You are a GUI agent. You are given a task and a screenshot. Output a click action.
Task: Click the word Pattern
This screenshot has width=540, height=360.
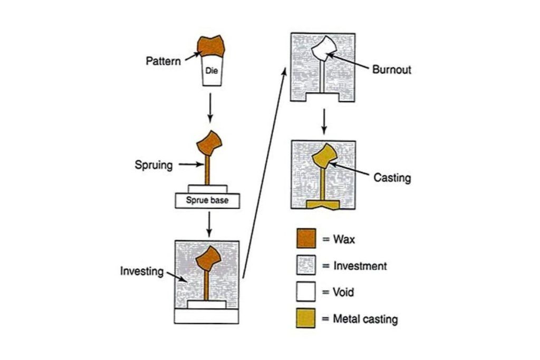pyautogui.click(x=163, y=61)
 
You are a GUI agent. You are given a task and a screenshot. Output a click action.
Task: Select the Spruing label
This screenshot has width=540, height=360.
pyautogui.click(x=153, y=165)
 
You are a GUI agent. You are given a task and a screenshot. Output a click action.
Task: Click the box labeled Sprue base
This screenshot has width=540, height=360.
pyautogui.click(x=207, y=200)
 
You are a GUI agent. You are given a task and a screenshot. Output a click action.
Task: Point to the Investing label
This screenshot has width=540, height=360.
pyautogui.click(x=142, y=272)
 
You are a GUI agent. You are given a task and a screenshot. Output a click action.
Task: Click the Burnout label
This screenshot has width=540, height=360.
pyautogui.click(x=391, y=70)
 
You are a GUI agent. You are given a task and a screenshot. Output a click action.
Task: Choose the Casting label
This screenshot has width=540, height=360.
pyautogui.click(x=392, y=178)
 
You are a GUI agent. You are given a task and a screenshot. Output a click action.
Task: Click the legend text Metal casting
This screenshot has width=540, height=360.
pyautogui.click(x=365, y=319)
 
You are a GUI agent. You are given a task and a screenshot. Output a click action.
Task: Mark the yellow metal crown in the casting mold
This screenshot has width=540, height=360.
pyautogui.click(x=323, y=156)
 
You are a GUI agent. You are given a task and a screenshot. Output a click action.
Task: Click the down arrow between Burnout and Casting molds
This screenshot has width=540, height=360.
pyautogui.click(x=325, y=121)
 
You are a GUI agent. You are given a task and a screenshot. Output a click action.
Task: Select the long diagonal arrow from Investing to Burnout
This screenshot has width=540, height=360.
pyautogui.click(x=264, y=174)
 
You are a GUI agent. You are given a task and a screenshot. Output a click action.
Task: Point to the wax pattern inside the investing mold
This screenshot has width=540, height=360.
pyautogui.click(x=207, y=258)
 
